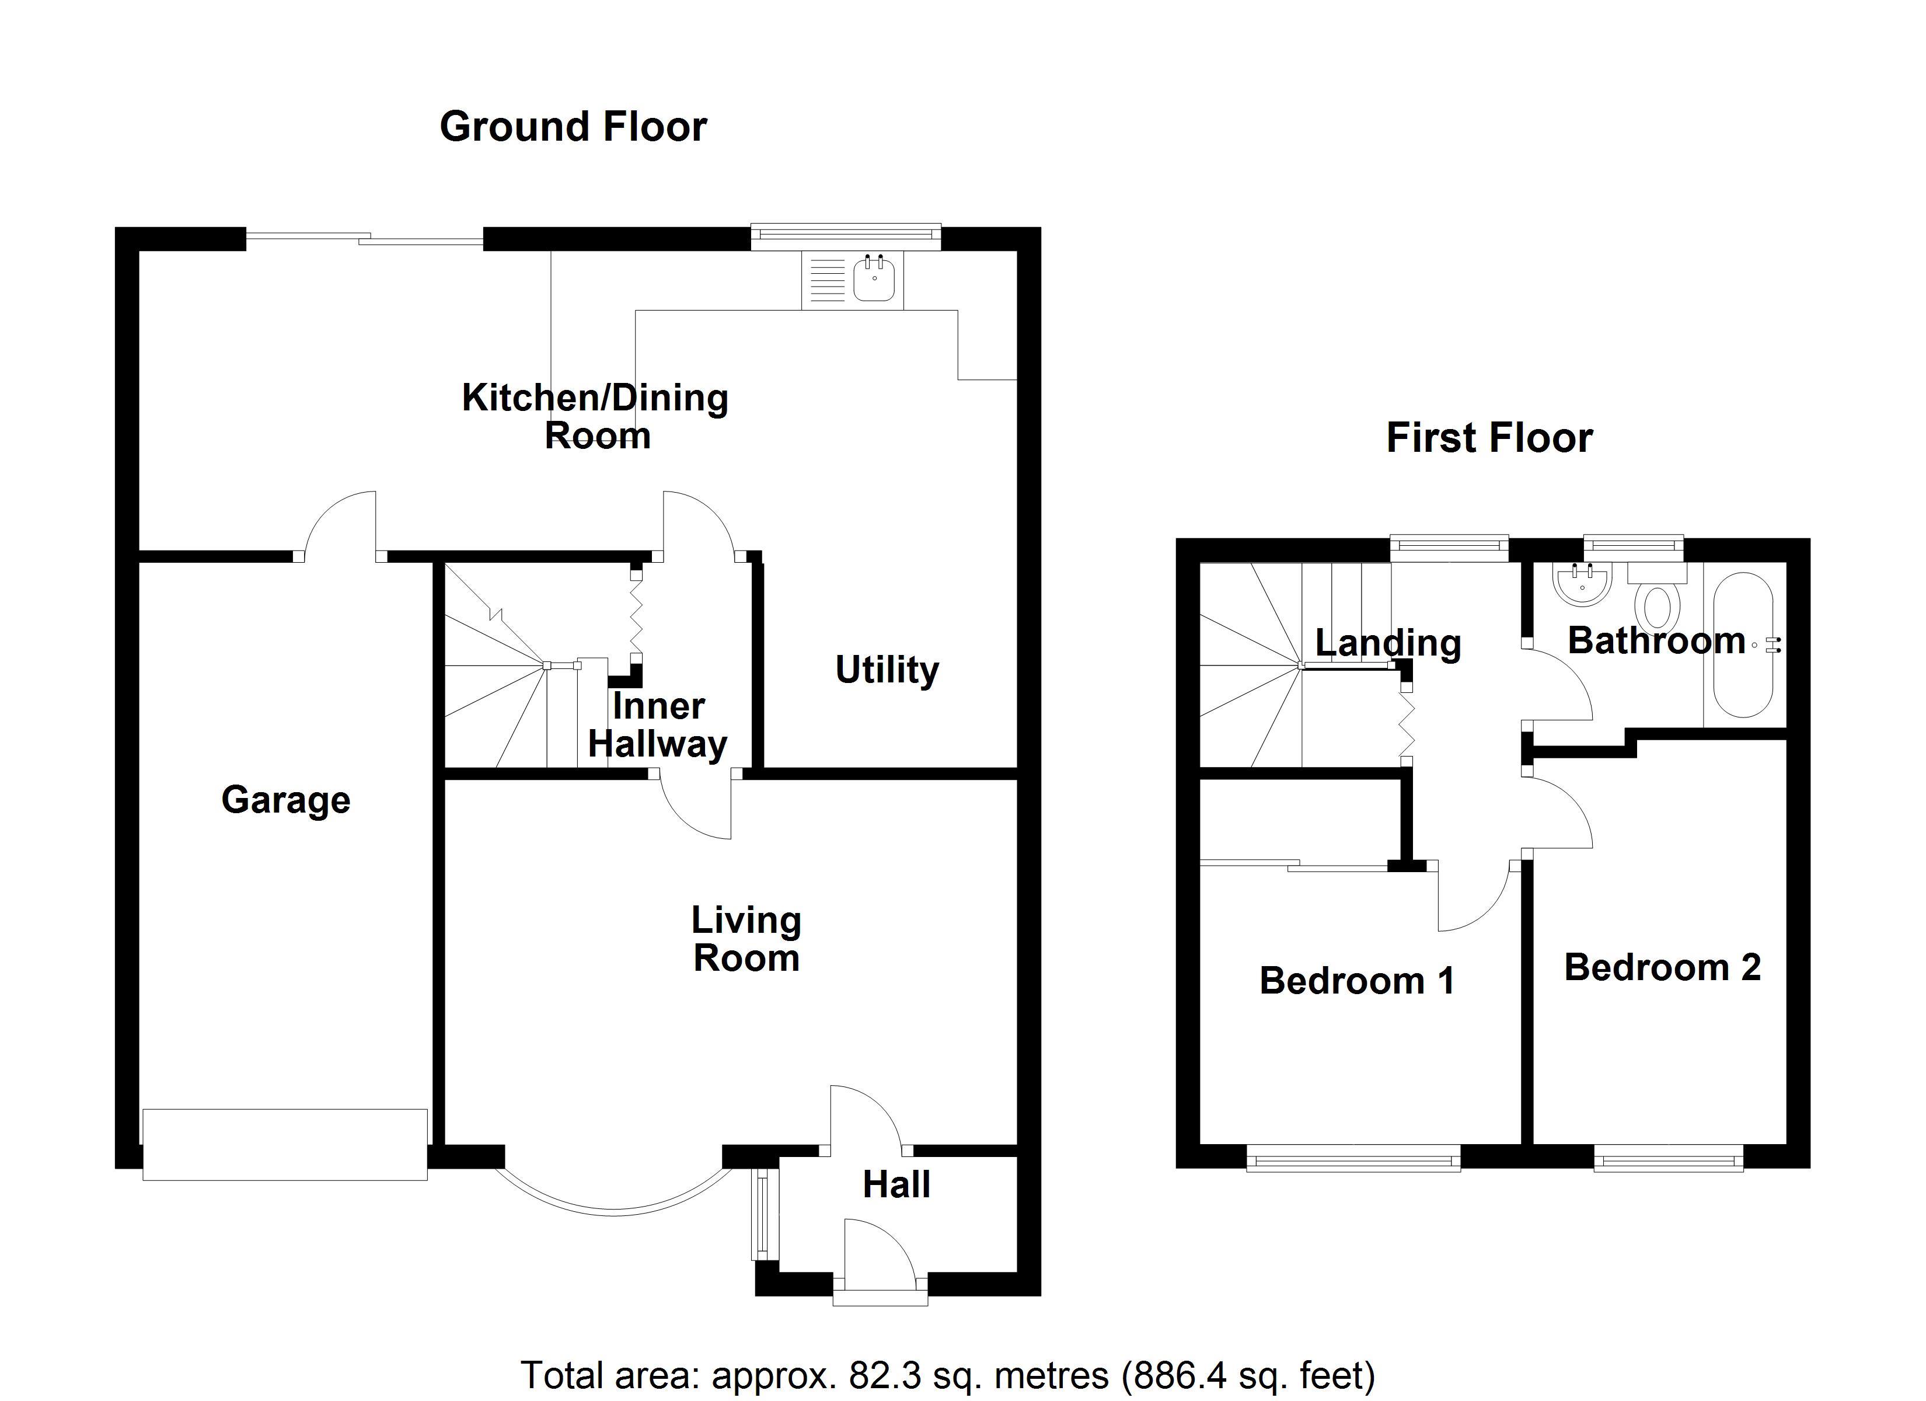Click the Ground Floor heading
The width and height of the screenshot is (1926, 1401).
coord(573,127)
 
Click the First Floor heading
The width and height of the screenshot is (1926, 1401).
coord(1489,438)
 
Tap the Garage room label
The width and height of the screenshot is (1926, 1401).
coord(285,800)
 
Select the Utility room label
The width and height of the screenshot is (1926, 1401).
coord(888,670)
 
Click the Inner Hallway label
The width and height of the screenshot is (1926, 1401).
coord(658,724)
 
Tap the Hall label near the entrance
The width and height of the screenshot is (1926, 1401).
coord(897,1184)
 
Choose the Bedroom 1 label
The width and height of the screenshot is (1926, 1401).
coord(1357,981)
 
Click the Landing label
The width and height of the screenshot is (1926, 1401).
coord(1388,643)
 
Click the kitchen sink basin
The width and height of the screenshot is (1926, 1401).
coord(874,280)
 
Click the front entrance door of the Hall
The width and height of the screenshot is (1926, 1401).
coord(880,1263)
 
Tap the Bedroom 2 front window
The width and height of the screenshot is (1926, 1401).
coord(1668,1158)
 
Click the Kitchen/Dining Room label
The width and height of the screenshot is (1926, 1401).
coord(595,416)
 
